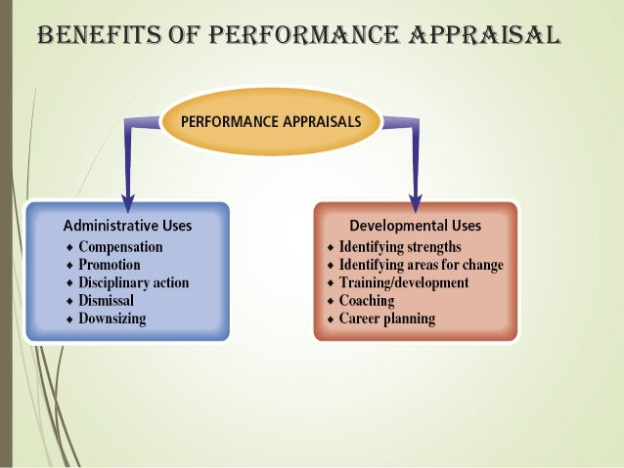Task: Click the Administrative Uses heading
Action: coord(127,225)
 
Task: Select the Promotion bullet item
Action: coord(109,265)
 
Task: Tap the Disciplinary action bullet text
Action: coord(133,283)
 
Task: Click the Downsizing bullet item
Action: coord(112,319)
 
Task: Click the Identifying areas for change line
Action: coord(421,265)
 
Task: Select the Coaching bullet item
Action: coord(367,301)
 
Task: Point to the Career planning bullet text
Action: coord(387,319)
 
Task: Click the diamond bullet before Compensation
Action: coord(68,247)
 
